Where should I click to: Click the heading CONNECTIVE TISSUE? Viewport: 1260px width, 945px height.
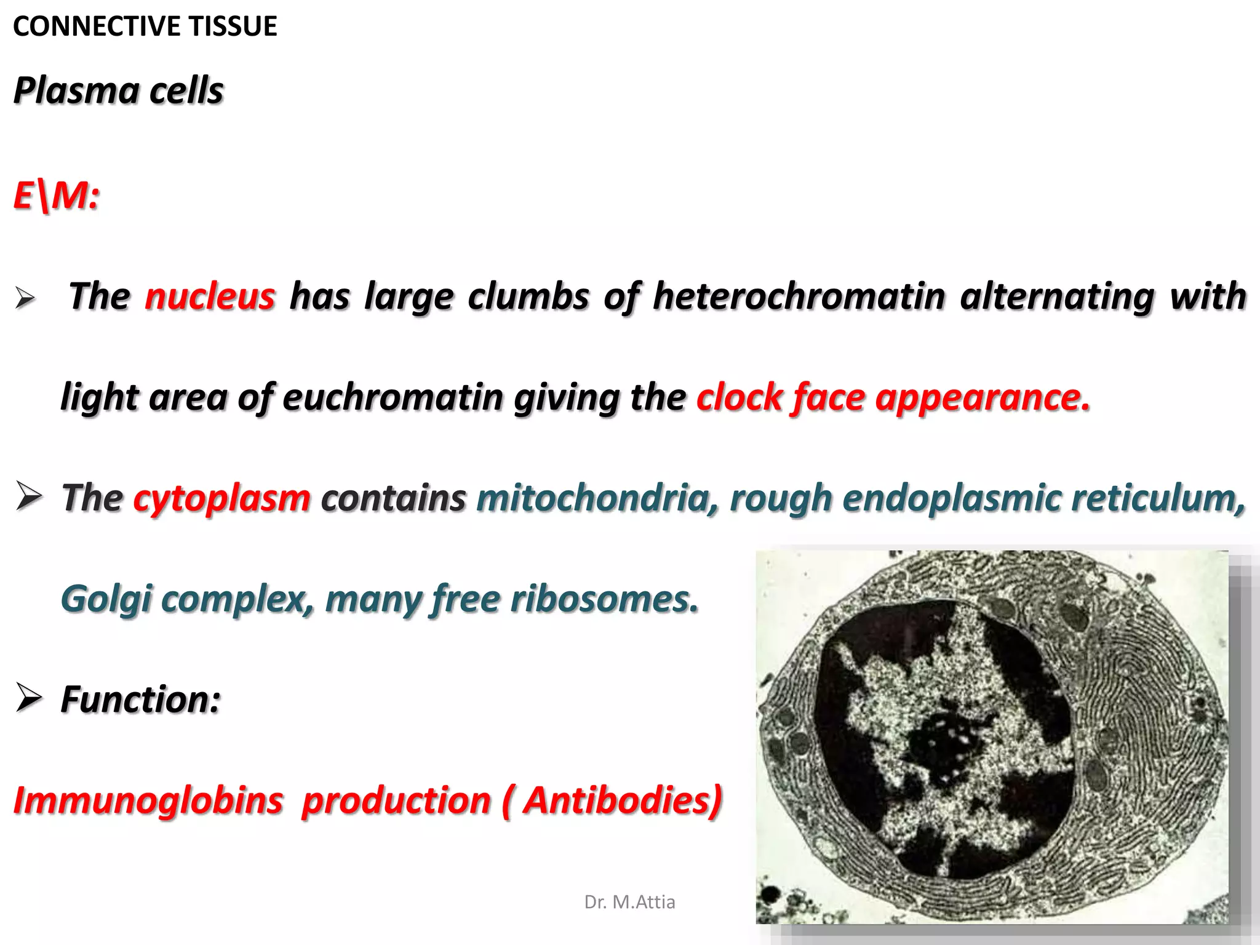coord(145,26)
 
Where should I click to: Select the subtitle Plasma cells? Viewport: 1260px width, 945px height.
coord(118,91)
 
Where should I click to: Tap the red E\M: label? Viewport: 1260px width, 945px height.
coord(56,196)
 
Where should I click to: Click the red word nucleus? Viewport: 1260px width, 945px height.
coord(210,296)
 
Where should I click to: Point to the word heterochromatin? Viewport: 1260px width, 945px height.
coord(799,296)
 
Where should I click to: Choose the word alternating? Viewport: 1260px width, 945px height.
coord(1057,296)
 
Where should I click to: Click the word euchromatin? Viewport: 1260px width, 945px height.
coord(393,397)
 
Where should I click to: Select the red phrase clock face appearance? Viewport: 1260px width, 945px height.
coord(893,397)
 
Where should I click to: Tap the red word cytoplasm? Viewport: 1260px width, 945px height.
coord(221,498)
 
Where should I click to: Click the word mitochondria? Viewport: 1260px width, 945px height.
coord(597,498)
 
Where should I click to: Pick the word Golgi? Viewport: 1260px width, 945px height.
coord(106,599)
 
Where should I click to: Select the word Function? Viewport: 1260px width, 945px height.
coord(140,700)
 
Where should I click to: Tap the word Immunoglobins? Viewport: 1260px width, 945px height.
coord(148,800)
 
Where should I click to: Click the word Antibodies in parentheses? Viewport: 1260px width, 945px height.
coord(621,800)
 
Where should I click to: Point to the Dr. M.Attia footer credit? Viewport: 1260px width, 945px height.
coord(629,902)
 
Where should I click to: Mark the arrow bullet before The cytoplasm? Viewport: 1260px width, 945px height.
coord(29,496)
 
